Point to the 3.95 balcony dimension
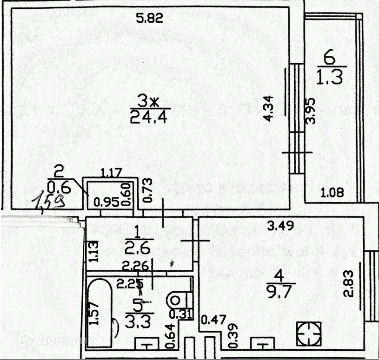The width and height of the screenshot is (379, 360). coord(311,110)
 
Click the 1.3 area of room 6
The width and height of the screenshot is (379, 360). coord(330,76)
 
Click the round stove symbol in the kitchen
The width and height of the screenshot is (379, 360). coord(308,333)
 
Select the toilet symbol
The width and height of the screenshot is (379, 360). coord(179,299)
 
